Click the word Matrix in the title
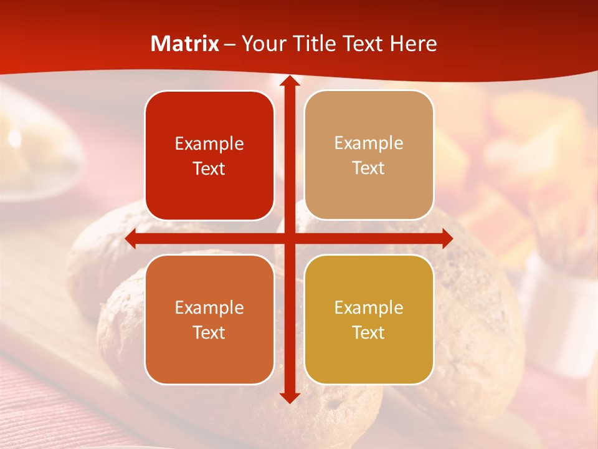(x=185, y=44)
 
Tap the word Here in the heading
(x=413, y=44)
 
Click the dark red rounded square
(x=209, y=155)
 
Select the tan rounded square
(x=369, y=155)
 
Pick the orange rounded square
(x=209, y=319)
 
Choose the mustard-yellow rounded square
(x=369, y=319)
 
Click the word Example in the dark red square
(x=209, y=144)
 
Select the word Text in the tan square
(x=369, y=168)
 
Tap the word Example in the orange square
(x=209, y=308)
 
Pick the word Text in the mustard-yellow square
(x=369, y=332)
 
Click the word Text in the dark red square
(x=209, y=169)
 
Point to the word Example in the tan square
(x=369, y=143)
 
